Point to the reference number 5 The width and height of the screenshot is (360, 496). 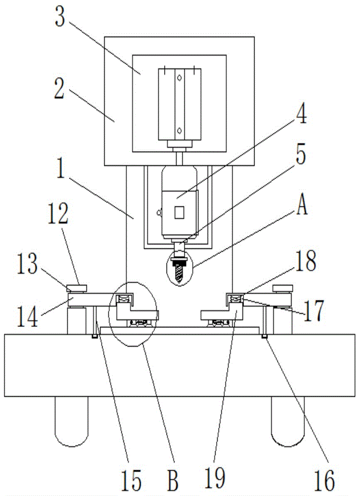click(x=299, y=155)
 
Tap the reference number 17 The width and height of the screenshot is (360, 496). click(x=313, y=311)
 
